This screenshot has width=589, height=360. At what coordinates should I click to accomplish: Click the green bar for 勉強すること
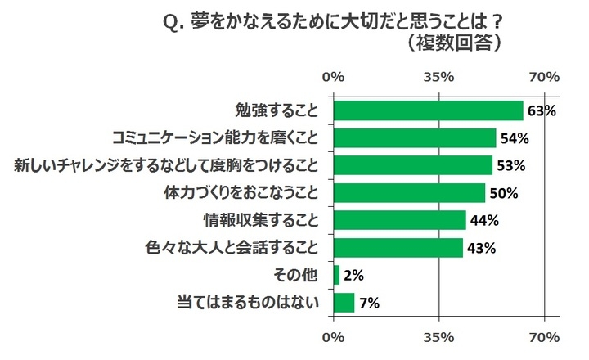(428, 110)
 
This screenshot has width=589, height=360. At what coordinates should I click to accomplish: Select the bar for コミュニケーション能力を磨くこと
(415, 137)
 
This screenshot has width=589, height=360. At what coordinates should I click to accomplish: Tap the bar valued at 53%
(413, 165)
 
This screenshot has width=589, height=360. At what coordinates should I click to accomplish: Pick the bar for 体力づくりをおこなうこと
(409, 192)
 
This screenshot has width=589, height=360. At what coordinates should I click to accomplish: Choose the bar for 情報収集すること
(400, 220)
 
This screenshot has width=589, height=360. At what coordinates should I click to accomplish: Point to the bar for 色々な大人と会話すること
(398, 247)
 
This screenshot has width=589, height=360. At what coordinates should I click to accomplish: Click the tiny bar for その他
(336, 275)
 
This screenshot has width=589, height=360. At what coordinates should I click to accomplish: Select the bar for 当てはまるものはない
(344, 303)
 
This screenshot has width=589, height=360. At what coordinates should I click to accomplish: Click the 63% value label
(542, 110)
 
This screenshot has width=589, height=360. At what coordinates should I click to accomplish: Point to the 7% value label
(370, 304)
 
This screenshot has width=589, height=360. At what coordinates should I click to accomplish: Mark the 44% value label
(484, 220)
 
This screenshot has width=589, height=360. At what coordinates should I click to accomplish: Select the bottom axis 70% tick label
(544, 337)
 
